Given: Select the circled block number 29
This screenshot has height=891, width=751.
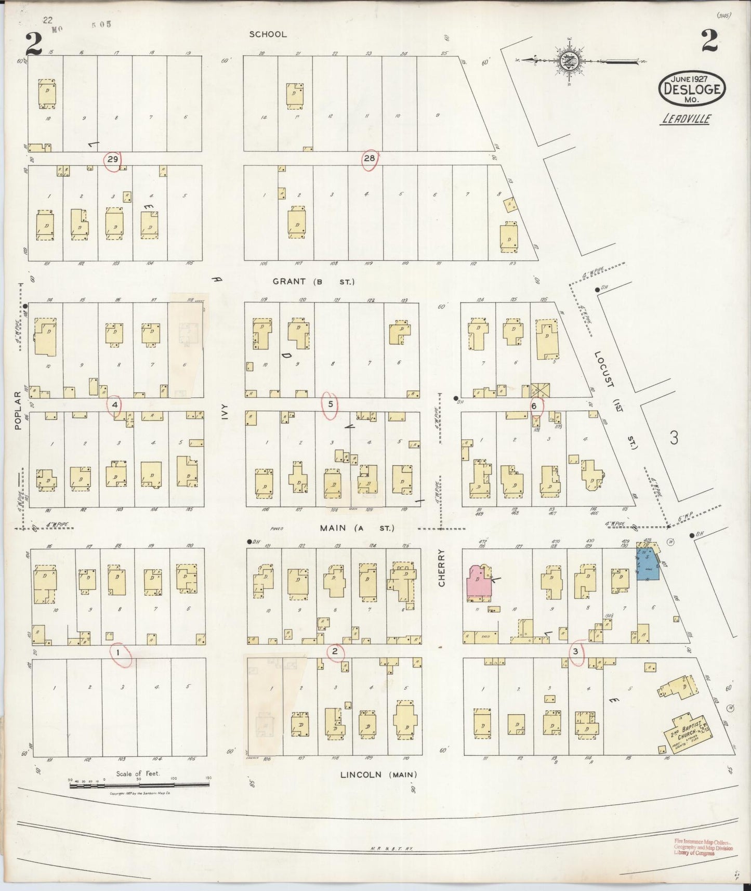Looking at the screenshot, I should [x=112, y=159].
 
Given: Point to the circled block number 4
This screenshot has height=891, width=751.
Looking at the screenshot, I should [x=115, y=404].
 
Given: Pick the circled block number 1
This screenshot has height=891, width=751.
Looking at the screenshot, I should [x=118, y=652].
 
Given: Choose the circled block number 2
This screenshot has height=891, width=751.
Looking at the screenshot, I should [x=335, y=651].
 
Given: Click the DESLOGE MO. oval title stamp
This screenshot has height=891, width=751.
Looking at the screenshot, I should [x=691, y=88].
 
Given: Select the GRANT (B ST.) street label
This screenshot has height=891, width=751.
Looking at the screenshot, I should [x=313, y=282].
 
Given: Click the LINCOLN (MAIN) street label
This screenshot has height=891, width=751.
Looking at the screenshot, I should [x=378, y=775].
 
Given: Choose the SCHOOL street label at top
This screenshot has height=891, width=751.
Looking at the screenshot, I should [x=268, y=34].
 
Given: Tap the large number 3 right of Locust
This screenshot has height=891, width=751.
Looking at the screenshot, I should [x=674, y=438].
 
